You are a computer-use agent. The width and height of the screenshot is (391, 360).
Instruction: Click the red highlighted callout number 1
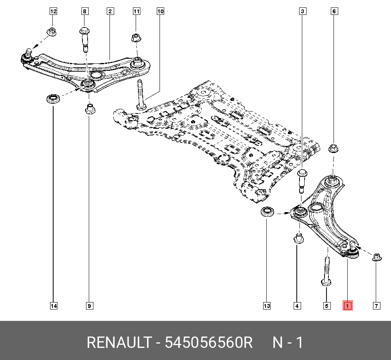pyautogui.click(x=347, y=305)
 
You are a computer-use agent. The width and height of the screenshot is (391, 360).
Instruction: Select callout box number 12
pyautogui.click(x=53, y=11)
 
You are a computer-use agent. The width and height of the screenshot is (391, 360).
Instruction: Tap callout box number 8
pyautogui.click(x=85, y=11)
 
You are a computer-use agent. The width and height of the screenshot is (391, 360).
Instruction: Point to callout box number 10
pyautogui.click(x=160, y=11)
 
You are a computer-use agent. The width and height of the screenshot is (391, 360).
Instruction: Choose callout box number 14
pyautogui.click(x=54, y=306)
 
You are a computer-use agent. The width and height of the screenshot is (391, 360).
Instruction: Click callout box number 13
pyautogui.click(x=267, y=306)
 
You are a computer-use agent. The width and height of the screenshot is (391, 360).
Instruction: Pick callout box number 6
pyautogui.click(x=334, y=11)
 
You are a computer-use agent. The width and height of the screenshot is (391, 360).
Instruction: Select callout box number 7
pyautogui.click(x=377, y=306)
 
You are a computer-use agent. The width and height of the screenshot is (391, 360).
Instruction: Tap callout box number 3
pyautogui.click(x=303, y=11)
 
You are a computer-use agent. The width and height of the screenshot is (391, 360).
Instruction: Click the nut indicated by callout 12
pyautogui.click(x=52, y=32)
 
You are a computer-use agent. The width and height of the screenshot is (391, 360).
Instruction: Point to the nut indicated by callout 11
pyautogui.click(x=136, y=38)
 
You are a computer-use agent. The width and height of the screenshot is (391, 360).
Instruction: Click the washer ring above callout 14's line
pyautogui.click(x=53, y=98)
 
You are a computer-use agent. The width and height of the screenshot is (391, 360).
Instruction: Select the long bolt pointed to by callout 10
pyautogui.click(x=141, y=95)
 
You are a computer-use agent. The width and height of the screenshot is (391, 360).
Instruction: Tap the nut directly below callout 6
pyautogui.click(x=333, y=148)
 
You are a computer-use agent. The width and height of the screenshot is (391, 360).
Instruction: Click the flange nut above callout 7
pyautogui.click(x=377, y=257)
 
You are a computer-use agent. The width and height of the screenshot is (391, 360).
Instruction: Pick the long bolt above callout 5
pyautogui.click(x=326, y=272)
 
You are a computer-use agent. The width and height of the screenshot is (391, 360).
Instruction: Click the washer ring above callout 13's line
pyautogui.click(x=267, y=212)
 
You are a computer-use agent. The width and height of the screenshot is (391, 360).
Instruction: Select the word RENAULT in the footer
pyautogui.click(x=119, y=342)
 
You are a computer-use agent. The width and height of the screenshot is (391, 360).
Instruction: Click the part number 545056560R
pyautogui.click(x=209, y=342)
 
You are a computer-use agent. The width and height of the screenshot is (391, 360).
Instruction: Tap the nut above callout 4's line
pyautogui.click(x=298, y=238)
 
